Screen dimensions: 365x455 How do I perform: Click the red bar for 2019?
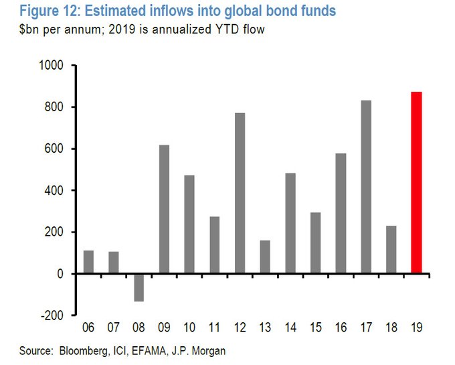click(x=416, y=183)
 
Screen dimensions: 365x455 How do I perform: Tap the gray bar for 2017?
click(x=366, y=187)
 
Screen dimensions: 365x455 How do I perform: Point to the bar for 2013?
click(x=265, y=257)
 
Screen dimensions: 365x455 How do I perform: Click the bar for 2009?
click(x=164, y=209)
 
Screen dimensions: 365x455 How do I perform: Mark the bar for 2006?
click(x=88, y=262)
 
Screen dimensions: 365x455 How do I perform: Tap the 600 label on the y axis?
click(x=54, y=149)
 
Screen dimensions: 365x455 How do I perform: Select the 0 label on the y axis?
click(x=59, y=274)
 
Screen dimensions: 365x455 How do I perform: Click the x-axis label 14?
click(x=290, y=328)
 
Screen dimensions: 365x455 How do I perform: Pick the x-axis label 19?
click(x=416, y=328)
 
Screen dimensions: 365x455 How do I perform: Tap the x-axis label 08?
click(x=139, y=328)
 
